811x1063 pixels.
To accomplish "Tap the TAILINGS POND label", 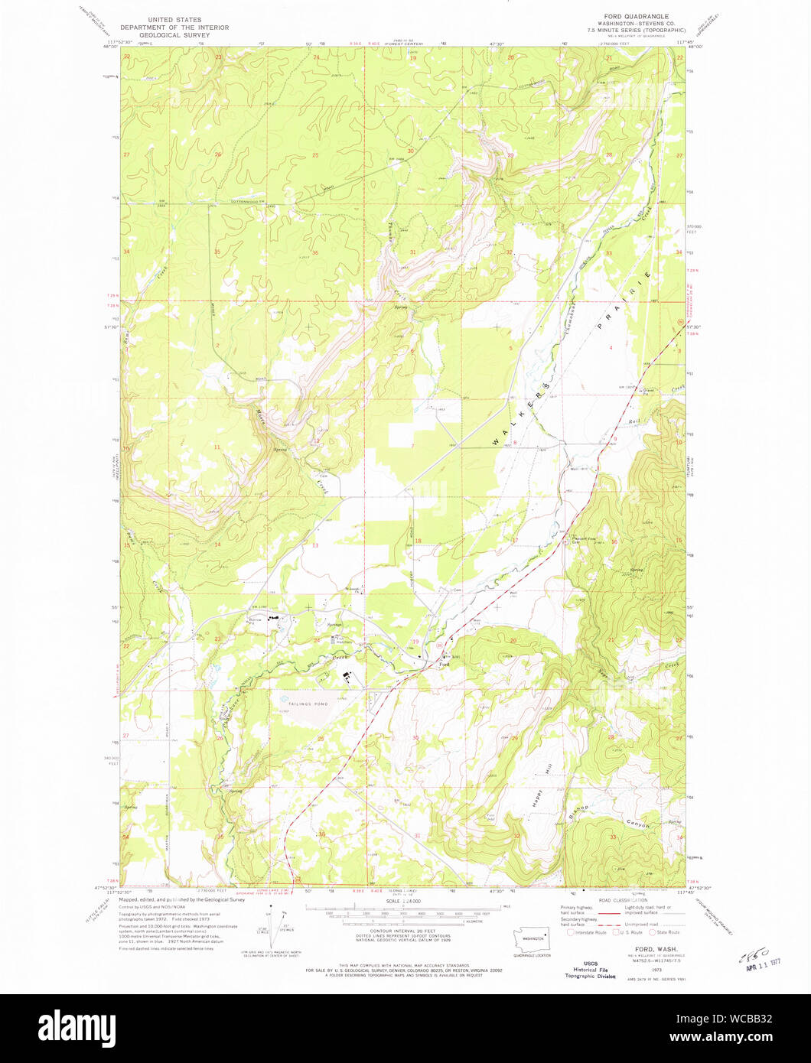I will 299,697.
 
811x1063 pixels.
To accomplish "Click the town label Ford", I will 443,665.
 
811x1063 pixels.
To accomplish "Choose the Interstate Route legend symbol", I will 571,932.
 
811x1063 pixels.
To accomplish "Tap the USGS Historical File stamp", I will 589,970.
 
